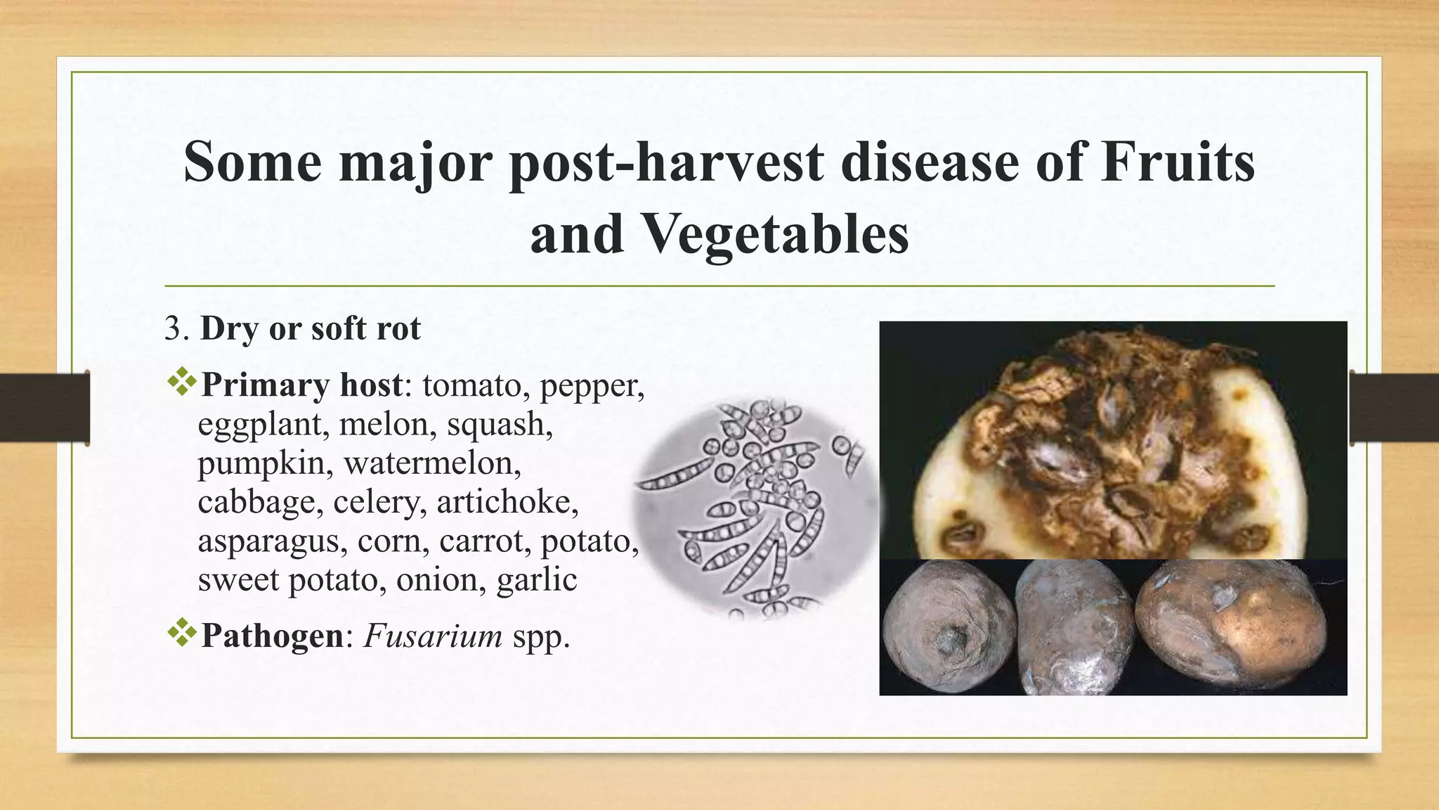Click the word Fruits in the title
pos(1177,162)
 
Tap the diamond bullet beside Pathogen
pos(182,633)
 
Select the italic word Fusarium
pos(433,636)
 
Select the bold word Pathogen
pos(272,636)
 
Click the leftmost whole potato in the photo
pos(949,628)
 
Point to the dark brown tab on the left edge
pos(44,407)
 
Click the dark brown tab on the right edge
pos(1394,407)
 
